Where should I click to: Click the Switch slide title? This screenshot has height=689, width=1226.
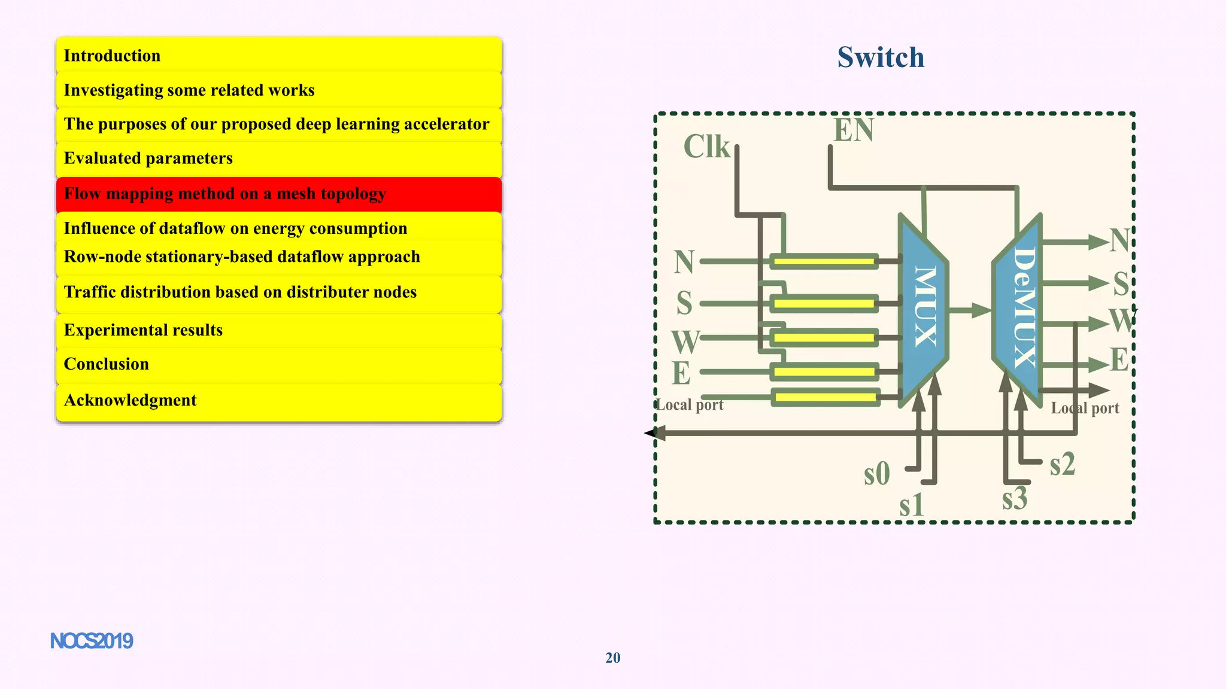coord(881,57)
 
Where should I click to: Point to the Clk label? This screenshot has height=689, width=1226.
coord(707,147)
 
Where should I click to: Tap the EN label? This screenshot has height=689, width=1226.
coord(854,130)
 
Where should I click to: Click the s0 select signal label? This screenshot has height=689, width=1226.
coord(876,474)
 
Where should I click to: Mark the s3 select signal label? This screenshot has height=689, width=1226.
coord(1015,499)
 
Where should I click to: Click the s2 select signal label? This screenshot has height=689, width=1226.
coord(1063,464)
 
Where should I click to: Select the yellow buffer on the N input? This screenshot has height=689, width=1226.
coord(824,261)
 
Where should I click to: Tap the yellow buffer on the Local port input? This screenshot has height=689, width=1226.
coord(825,397)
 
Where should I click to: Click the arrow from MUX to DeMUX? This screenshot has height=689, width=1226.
coord(970,310)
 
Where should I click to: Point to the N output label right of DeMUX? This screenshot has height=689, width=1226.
coord(1119,241)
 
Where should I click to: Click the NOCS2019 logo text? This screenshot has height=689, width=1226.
coord(92,641)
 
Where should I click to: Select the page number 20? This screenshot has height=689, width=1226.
coord(613,658)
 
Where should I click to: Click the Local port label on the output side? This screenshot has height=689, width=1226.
coord(1085,408)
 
